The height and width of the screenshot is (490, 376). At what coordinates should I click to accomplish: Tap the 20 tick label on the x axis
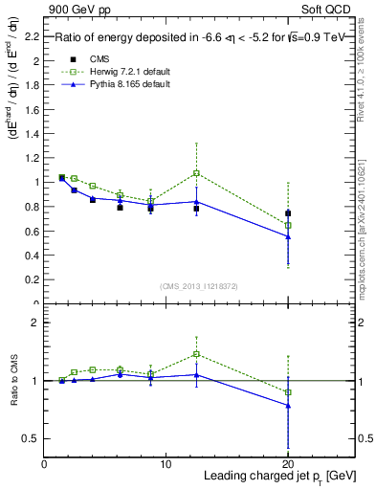click(x=288, y=464)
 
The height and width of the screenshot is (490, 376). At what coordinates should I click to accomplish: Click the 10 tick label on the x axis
click(x=166, y=464)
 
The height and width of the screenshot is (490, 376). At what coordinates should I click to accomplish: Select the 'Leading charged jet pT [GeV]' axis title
click(x=277, y=477)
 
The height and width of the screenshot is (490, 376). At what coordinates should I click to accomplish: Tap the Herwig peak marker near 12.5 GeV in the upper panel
click(x=196, y=173)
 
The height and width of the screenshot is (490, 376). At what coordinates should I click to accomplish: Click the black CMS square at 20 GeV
click(x=288, y=213)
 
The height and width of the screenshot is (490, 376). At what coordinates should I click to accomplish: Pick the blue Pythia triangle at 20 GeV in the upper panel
click(x=288, y=236)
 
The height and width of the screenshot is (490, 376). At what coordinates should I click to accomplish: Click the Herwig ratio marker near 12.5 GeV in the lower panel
click(x=196, y=354)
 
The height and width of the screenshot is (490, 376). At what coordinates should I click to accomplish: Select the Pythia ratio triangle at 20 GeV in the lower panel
click(x=288, y=405)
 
